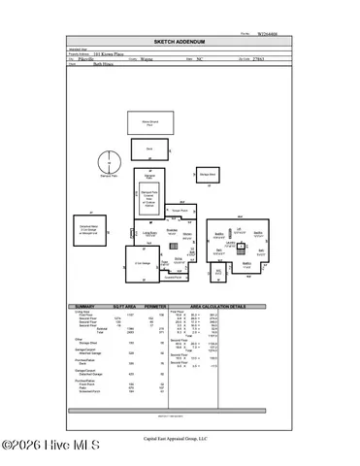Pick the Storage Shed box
click(x=208, y=175)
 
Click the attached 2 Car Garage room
click(x=142, y=262)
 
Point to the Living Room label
click(x=150, y=234)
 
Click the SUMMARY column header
click(x=85, y=308)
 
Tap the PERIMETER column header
click(x=155, y=308)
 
